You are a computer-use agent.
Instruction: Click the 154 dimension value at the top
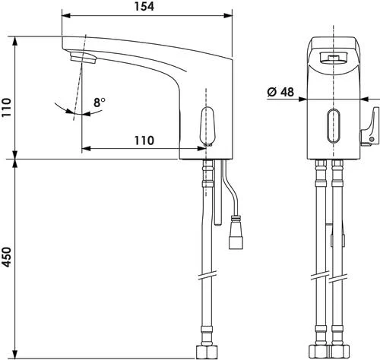tap(144, 7)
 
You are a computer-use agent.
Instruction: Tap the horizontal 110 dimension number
tap(143, 141)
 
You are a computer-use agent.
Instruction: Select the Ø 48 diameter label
tap(281, 91)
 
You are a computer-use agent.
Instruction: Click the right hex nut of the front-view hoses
tap(337, 351)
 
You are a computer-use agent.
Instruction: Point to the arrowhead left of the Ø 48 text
tap(302, 98)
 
